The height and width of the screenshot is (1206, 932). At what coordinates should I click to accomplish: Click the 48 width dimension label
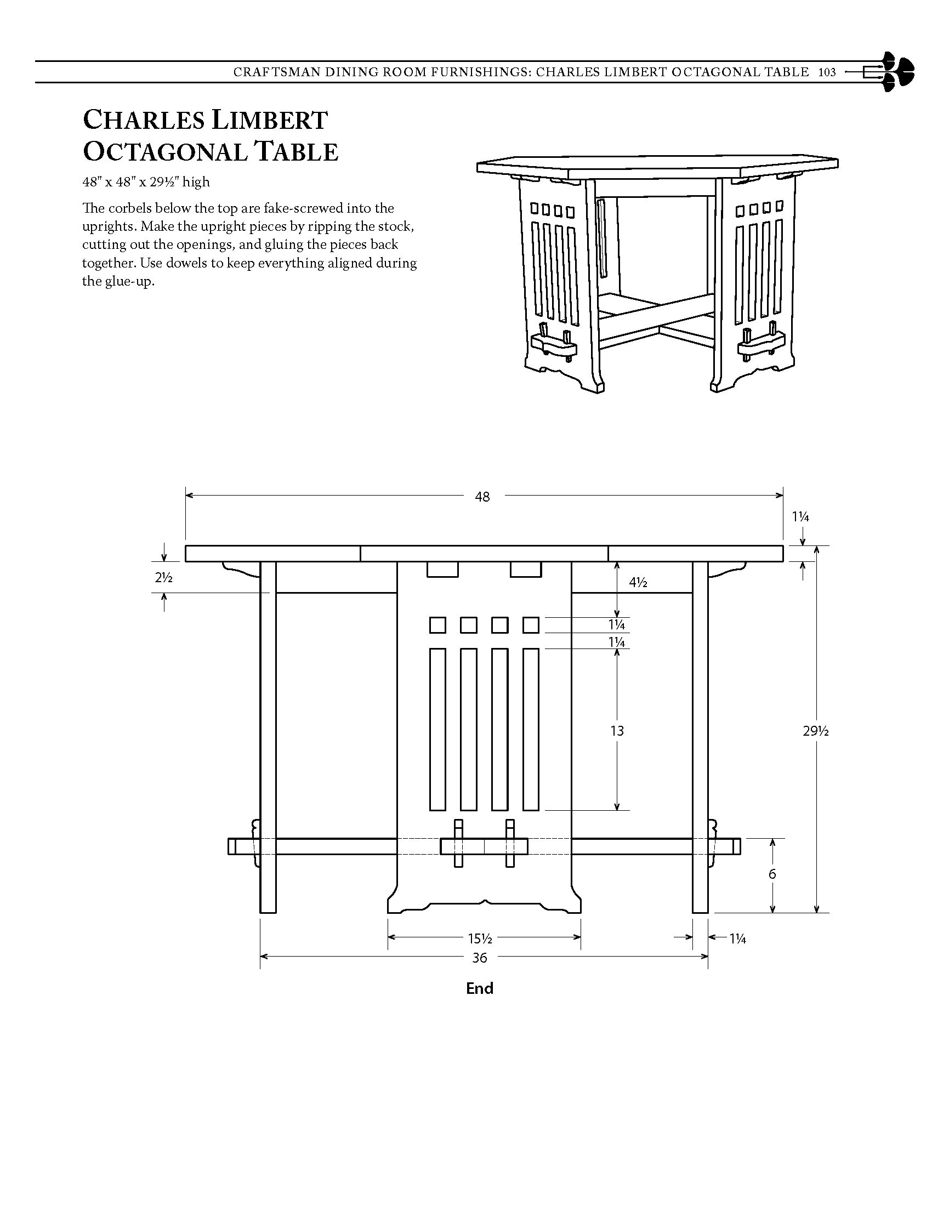482,497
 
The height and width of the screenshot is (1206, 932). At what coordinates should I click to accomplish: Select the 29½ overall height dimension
816,731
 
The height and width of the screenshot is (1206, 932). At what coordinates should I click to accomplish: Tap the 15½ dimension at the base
480,938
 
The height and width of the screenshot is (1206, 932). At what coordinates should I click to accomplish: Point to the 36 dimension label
479,958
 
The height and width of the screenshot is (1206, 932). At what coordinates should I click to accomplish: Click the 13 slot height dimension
617,731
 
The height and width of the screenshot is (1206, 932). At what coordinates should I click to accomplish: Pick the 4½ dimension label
638,582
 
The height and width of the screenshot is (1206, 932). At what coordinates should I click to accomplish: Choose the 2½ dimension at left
163,578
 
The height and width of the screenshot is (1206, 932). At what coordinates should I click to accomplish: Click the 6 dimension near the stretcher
772,874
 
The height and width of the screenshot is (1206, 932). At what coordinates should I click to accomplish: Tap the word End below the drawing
479,988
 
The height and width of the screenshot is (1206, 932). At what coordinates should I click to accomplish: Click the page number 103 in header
827,72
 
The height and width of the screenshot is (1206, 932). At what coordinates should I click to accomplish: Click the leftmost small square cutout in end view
437,625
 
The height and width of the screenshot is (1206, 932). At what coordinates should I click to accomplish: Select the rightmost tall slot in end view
531,729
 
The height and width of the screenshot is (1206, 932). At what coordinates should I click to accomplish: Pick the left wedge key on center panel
458,843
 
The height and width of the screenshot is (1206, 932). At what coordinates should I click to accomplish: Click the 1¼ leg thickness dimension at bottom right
737,938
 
